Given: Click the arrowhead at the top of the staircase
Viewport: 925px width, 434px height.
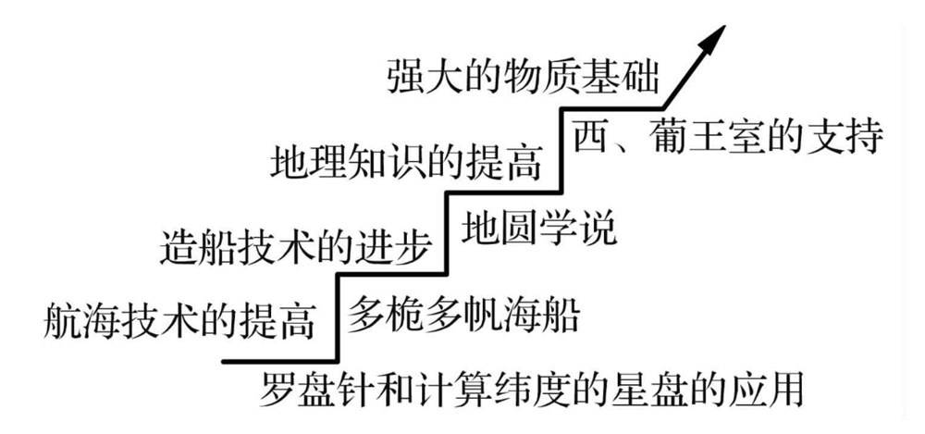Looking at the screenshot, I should (x=713, y=39).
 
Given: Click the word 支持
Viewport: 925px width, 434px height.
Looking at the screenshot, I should (x=849, y=139).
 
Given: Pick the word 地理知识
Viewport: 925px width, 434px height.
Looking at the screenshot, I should (x=337, y=163).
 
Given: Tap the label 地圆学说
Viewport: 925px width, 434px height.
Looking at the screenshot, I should (x=540, y=227).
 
